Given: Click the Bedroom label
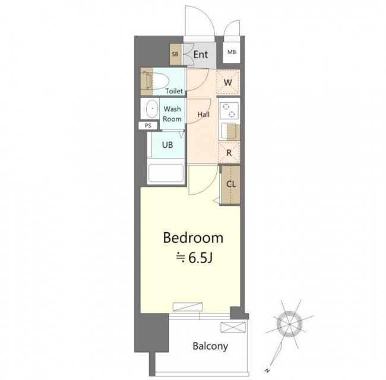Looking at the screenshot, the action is point(193,238).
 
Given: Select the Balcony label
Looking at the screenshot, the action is point(210,346).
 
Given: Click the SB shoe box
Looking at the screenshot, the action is point(175,55).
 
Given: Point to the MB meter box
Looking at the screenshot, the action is point(232,52).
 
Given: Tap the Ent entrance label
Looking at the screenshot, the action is point(201,55).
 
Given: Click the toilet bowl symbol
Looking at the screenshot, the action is point(156,81).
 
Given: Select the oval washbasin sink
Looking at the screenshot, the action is point(152,109).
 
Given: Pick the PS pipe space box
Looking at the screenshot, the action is point(148,126).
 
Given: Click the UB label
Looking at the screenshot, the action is point(167,145).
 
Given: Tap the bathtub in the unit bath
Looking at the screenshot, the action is point(166,173).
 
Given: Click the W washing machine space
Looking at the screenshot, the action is point(228,82).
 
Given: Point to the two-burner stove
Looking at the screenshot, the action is point(229,110).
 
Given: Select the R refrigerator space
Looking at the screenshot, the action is point(229,153).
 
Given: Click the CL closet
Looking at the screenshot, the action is point(230,185).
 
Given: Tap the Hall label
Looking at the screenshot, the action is point(204,115).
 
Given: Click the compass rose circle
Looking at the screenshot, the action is point(289,324).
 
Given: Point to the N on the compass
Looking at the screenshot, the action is point(267,370).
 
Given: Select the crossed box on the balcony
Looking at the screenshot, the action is point(233,327).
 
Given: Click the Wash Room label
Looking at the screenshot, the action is point(172,114).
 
